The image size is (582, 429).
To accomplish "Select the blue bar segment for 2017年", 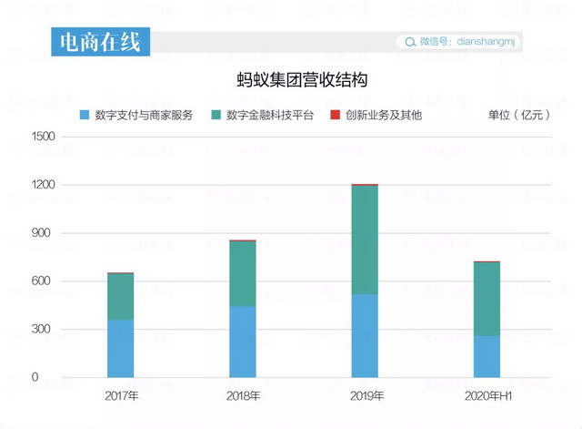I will pyautogui.click(x=120, y=348).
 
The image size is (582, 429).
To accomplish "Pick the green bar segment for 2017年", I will pyautogui.click(x=120, y=296).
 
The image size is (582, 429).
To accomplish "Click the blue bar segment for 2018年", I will pyautogui.click(x=242, y=342).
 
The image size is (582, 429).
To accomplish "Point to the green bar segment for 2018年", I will pyautogui.click(x=242, y=273).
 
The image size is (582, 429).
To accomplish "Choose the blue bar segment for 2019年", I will pyautogui.click(x=364, y=335).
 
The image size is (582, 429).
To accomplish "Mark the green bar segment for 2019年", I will pyautogui.click(x=364, y=240).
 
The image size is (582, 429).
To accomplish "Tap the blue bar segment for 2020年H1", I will pyautogui.click(x=487, y=356).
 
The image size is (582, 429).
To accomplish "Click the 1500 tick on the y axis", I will pyautogui.click(x=44, y=137).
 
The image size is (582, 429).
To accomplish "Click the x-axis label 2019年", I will pyautogui.click(x=366, y=396).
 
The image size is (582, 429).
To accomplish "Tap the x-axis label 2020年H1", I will pyautogui.click(x=487, y=396).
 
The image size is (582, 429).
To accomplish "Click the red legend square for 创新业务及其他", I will pyautogui.click(x=335, y=116).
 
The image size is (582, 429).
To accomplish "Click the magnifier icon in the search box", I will pyautogui.click(x=409, y=42).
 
